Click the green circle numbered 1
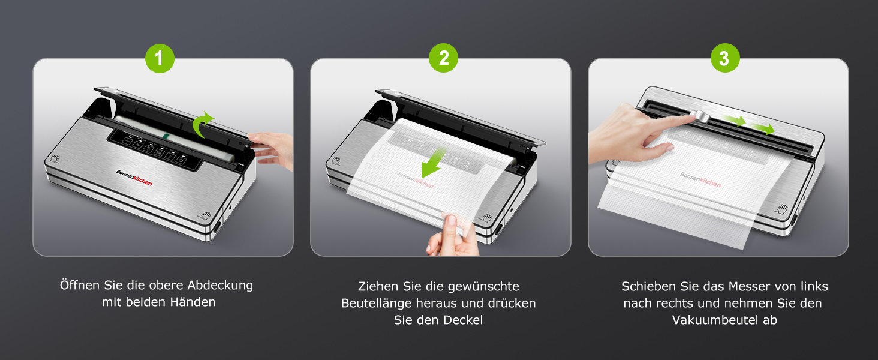click(160, 58)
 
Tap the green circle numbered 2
click(443, 58)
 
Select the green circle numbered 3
click(725, 58)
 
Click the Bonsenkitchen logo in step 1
click(134, 178)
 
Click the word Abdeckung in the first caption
click(220, 285)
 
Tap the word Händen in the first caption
click(193, 302)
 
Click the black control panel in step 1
click(155, 149)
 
